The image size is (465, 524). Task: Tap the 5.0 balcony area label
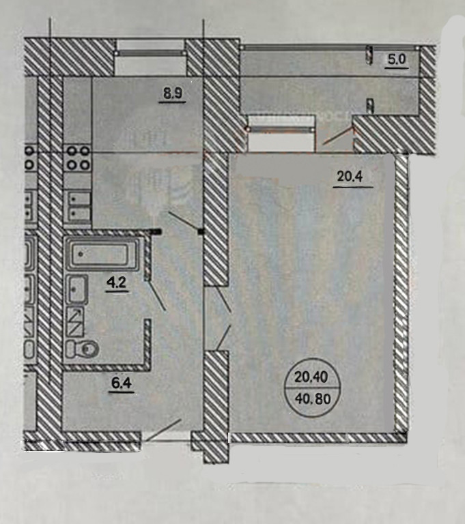click(x=397, y=59)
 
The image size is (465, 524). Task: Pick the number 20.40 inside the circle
click(x=312, y=376)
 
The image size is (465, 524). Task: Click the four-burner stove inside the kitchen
click(x=77, y=158)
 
